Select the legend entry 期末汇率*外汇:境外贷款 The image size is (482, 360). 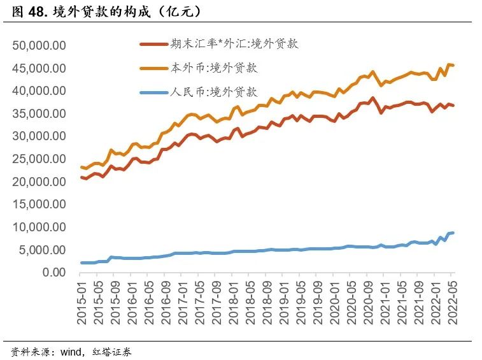[234, 44]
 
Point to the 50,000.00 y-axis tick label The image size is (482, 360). [39, 46]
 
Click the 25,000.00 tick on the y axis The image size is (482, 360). [39, 159]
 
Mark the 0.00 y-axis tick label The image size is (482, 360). [53, 272]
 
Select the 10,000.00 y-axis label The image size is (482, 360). [39, 227]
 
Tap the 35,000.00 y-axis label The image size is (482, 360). [39, 113]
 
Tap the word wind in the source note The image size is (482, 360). [70, 350]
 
